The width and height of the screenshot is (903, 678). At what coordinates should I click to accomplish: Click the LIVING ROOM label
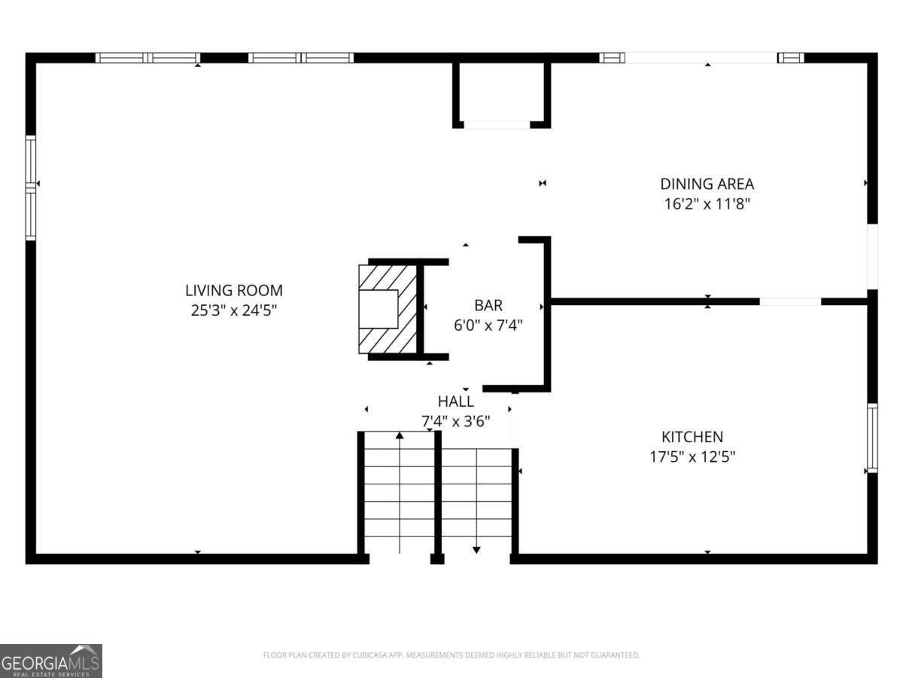234,290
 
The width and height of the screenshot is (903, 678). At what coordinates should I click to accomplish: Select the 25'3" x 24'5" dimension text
234,310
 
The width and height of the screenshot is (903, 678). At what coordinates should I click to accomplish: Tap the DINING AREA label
707,184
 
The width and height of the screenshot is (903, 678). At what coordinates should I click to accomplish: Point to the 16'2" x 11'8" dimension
707,203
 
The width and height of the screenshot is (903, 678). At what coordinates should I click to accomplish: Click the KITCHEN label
692,437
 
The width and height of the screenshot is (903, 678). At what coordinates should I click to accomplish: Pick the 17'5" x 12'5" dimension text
692,457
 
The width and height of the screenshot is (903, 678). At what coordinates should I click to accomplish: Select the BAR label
488,306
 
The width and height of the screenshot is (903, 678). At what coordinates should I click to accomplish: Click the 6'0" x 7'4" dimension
488,325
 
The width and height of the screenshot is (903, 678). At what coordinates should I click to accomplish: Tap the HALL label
456,402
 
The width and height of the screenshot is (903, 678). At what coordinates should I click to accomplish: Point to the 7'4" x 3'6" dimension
456,421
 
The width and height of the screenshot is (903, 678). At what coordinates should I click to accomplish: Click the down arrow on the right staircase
476,549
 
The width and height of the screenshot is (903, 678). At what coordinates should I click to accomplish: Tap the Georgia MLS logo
50,661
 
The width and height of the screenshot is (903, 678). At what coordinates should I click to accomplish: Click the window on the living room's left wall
31,188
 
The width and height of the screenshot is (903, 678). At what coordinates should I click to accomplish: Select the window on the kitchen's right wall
872,438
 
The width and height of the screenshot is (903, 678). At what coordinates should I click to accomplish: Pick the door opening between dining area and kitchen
790,301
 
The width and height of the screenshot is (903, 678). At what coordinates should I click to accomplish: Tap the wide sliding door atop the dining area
701,58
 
